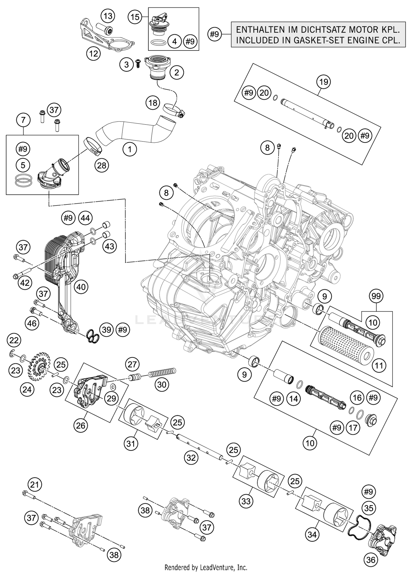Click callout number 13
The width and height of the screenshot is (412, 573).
tap(108, 16)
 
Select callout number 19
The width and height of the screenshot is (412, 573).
tap(324, 82)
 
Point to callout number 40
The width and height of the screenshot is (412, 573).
tap(81, 287)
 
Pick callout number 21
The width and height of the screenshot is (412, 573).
tap(35, 485)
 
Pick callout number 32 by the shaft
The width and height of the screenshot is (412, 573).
tap(191, 457)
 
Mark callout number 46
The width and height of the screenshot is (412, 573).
tap(32, 323)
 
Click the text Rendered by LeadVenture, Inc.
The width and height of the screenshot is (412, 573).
tap(206, 567)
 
